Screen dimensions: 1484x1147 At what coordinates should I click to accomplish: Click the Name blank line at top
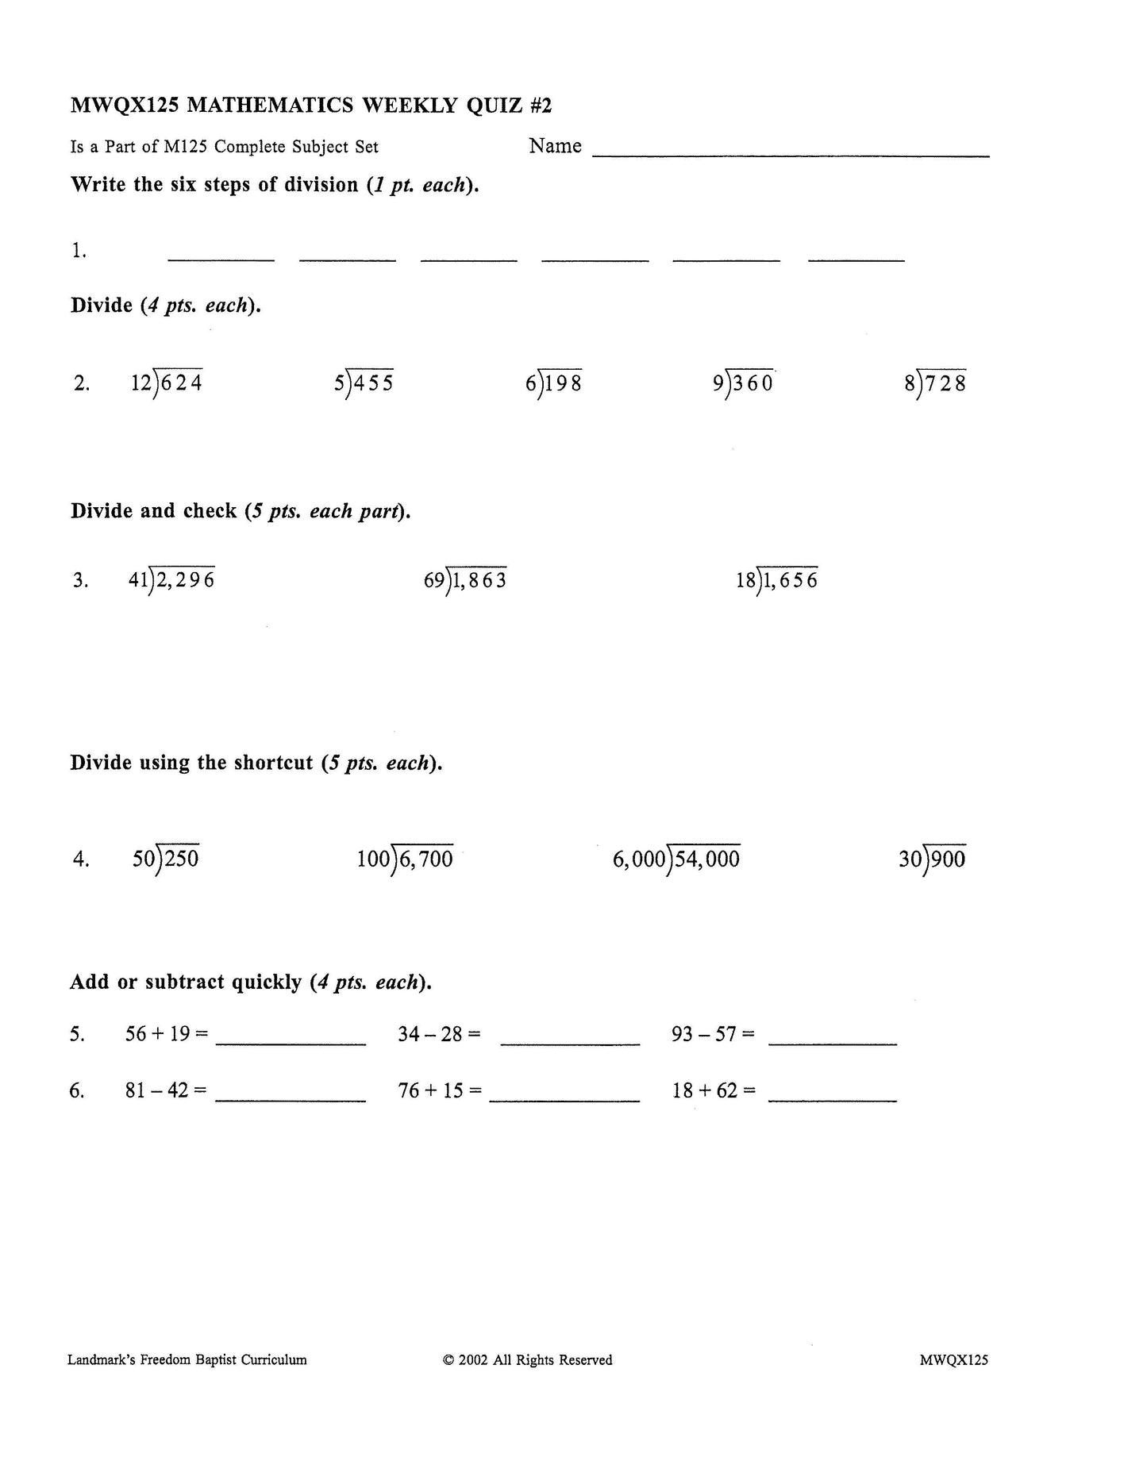pos(791,152)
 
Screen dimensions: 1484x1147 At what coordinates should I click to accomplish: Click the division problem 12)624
pos(167,383)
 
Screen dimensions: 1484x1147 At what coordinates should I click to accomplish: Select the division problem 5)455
pos(364,383)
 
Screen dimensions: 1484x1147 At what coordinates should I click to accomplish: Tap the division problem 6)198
pos(553,383)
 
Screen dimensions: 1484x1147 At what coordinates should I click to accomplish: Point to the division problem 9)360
pos(742,383)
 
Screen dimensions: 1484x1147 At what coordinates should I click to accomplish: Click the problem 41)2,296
pos(171,579)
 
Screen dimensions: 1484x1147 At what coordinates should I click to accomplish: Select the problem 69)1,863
pos(465,579)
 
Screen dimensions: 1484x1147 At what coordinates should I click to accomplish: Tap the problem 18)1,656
pos(776,579)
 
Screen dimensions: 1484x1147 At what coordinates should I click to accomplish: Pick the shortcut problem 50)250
pos(166,858)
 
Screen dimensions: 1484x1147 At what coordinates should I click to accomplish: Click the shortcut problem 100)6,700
pos(405,858)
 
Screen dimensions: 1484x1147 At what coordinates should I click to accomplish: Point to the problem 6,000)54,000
pos(675,858)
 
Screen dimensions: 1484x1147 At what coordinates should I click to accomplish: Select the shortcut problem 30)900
pos(932,858)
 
